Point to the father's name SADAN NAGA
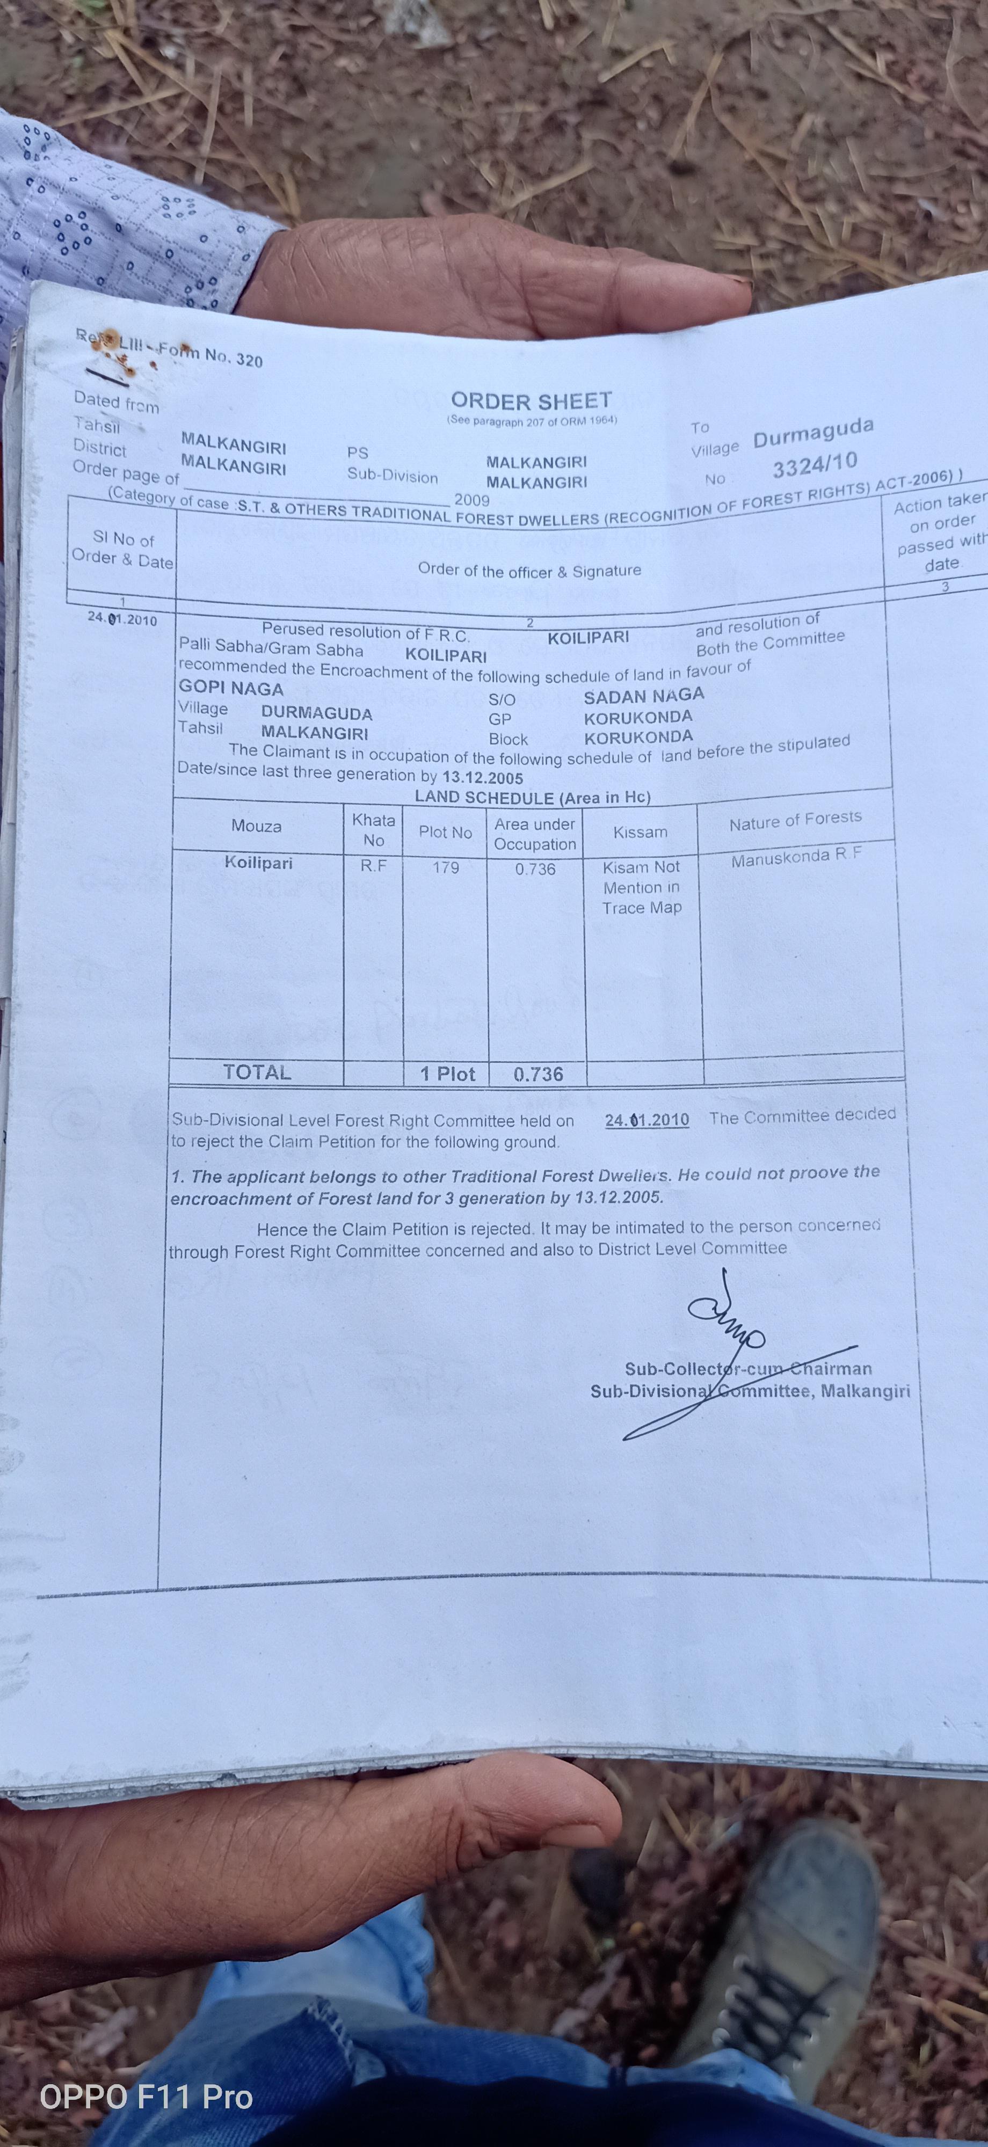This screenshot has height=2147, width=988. pyautogui.click(x=644, y=695)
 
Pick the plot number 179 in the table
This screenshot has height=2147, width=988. pyautogui.click(x=446, y=867)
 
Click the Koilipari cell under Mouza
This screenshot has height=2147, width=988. pyautogui.click(x=258, y=863)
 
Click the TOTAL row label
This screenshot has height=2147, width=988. pyautogui.click(x=257, y=1072)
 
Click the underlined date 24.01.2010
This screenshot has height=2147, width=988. pyautogui.click(x=647, y=1119)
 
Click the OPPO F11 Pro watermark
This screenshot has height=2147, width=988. pyautogui.click(x=146, y=2097)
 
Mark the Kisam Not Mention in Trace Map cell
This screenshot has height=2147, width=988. pyautogui.click(x=641, y=888)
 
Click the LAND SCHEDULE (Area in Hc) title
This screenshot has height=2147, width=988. pyautogui.click(x=533, y=797)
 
